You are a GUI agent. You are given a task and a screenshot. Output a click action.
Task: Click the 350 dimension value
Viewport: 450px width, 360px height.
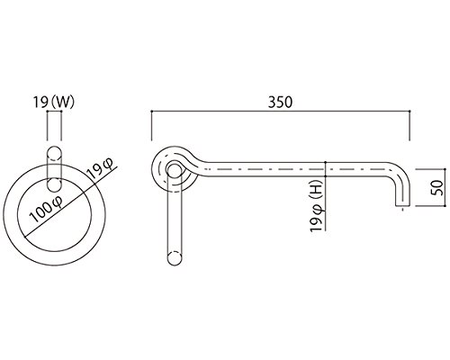280,103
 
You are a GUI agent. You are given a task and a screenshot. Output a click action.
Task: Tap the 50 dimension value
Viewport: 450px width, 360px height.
438,188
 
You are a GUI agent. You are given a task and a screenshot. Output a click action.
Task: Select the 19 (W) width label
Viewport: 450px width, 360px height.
54,103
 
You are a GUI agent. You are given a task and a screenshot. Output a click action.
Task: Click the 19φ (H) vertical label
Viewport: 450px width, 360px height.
318,208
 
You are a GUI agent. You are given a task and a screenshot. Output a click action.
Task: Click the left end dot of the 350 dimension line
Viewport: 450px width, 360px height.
152,112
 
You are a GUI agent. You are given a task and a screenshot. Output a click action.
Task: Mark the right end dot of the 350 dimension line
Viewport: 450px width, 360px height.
409,112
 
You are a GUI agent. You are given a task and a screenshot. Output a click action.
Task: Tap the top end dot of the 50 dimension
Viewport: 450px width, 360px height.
445,169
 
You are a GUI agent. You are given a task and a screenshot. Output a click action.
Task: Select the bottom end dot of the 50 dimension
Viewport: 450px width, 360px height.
445,206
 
